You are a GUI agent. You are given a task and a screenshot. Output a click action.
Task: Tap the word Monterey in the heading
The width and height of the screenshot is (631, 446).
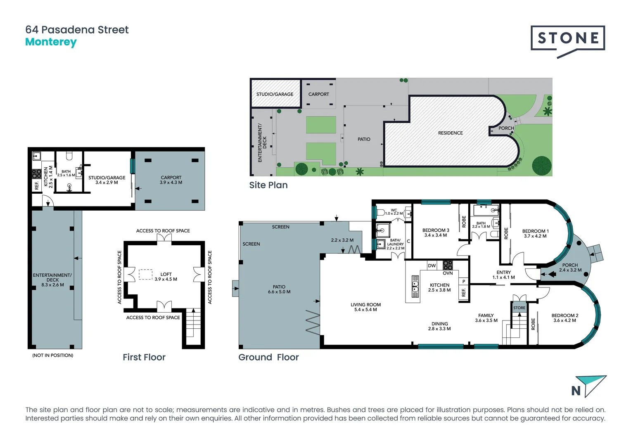click(x=51, y=42)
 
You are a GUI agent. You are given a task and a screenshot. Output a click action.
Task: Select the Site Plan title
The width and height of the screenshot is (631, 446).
click(x=268, y=185)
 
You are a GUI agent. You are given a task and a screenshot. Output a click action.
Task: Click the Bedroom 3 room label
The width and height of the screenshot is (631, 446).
click(x=436, y=233)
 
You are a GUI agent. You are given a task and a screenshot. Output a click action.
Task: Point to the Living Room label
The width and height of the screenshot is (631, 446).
click(x=365, y=307)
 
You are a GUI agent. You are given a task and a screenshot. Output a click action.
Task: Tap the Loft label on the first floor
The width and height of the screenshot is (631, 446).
click(x=166, y=277)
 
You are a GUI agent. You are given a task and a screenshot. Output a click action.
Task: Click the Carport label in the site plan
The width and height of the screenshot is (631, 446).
click(x=318, y=94)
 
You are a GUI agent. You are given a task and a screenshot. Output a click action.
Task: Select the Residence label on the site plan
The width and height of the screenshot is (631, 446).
click(x=450, y=133)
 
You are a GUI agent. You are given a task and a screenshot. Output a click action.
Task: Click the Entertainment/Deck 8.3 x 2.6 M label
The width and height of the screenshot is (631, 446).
click(x=52, y=280)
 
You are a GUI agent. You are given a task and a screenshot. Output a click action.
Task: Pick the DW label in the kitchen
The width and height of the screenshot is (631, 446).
click(x=432, y=266)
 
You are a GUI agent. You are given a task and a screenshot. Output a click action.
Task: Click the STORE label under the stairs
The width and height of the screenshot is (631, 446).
click(x=519, y=308)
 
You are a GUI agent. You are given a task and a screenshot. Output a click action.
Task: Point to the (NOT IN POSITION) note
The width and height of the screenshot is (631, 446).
click(x=53, y=355)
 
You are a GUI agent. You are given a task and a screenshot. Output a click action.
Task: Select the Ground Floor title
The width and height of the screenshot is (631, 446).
click(x=268, y=357)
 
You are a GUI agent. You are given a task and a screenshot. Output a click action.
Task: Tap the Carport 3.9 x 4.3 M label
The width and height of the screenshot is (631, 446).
click(x=171, y=180)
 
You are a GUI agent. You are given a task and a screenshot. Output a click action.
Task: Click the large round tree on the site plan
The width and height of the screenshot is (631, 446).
click(x=541, y=166)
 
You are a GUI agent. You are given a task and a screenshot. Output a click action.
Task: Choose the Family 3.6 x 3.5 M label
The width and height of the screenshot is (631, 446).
click(x=486, y=318)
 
